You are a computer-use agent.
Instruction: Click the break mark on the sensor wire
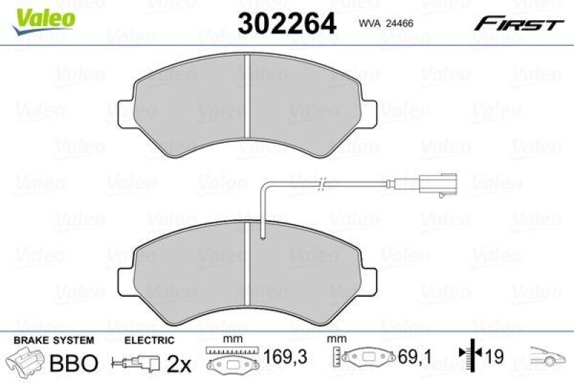point(324,183)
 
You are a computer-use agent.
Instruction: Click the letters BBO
point(72,363)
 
